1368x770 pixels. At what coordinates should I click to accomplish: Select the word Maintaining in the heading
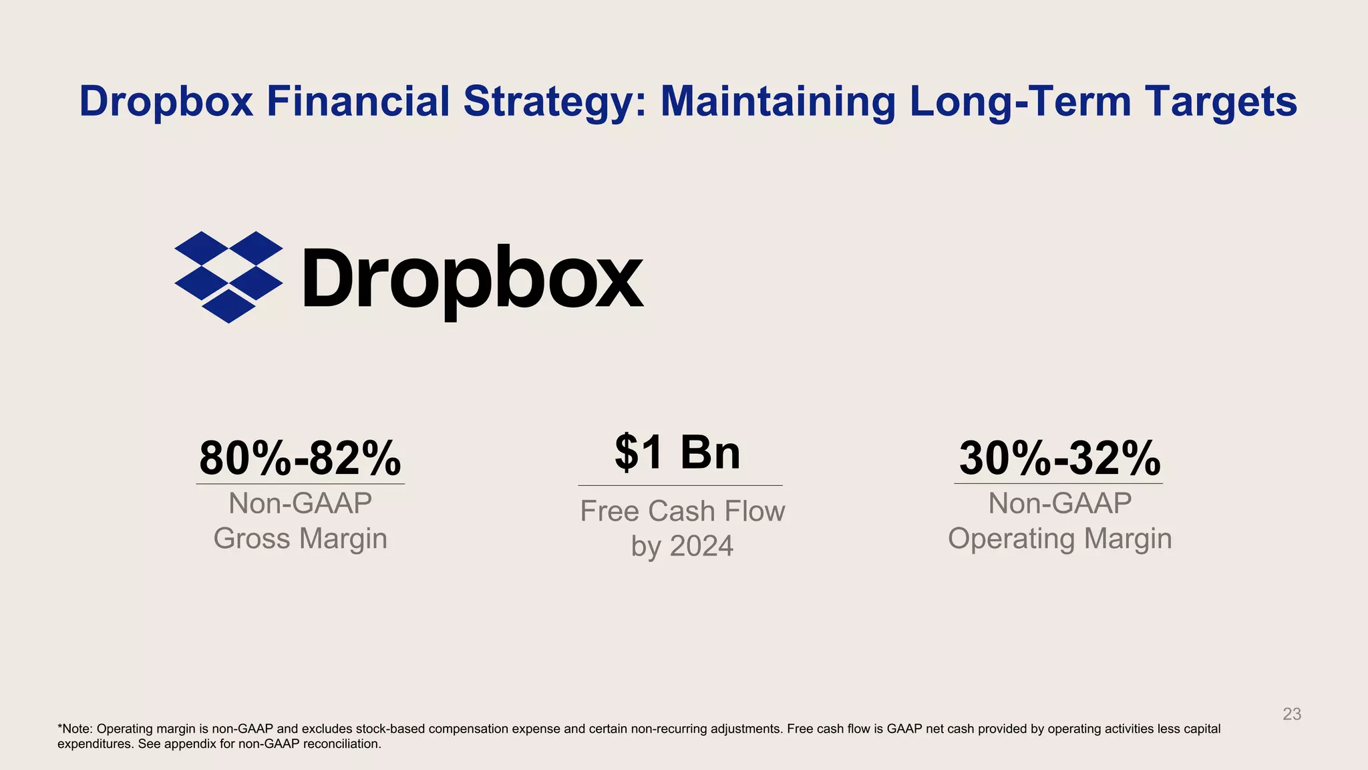[778, 102]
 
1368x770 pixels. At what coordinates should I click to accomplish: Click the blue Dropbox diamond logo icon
[228, 277]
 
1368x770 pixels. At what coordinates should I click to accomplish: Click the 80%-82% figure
[300, 459]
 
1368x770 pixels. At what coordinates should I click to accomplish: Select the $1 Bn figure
[677, 453]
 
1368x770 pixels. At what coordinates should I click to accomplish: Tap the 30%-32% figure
[1059, 459]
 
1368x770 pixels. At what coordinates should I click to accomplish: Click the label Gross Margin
[300, 539]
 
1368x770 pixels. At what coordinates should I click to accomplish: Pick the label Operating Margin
[1059, 539]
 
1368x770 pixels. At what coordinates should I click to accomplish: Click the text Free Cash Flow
[682, 511]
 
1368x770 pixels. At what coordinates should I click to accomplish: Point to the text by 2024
[682, 547]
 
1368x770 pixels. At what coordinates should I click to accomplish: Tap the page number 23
[1292, 714]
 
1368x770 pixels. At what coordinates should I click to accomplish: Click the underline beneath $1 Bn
[680, 485]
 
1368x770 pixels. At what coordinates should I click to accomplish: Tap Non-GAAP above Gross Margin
[300, 503]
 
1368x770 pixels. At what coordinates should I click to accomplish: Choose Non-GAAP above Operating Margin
[1059, 503]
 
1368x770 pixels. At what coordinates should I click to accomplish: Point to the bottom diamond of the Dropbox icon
[228, 306]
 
